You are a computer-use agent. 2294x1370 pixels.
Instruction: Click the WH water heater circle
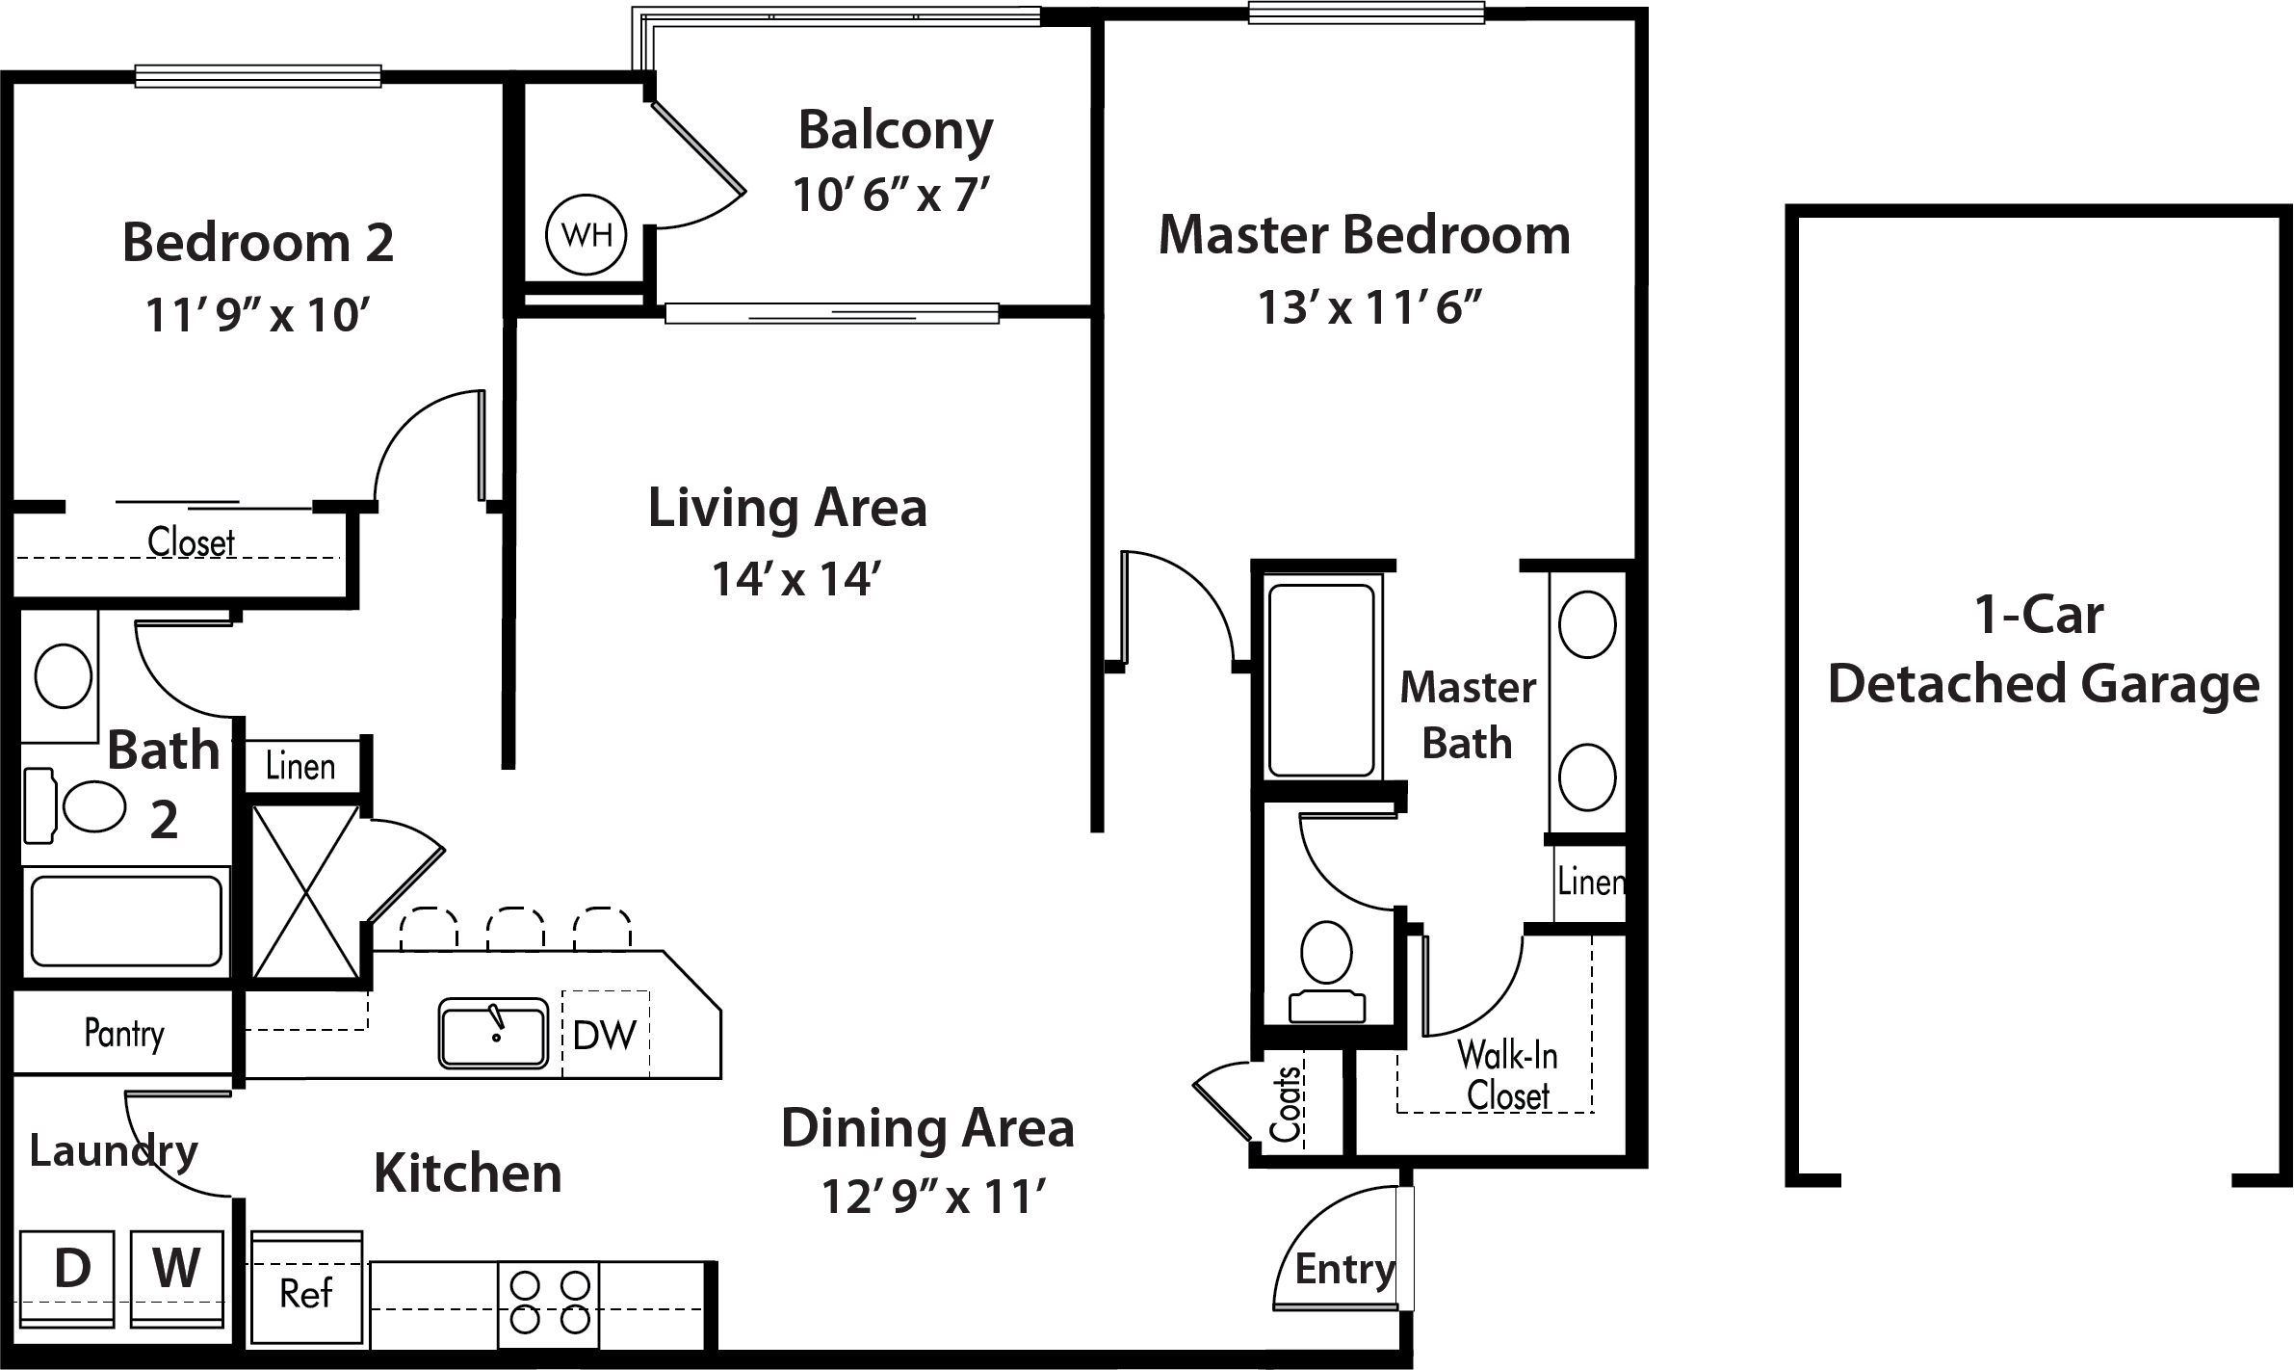[x=586, y=234]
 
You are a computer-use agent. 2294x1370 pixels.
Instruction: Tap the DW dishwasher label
[x=604, y=1035]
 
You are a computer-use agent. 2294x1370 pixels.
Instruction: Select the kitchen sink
[x=493, y=1033]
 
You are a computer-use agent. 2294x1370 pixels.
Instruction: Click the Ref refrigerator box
[x=306, y=1288]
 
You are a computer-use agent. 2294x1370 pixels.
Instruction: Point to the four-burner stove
[x=549, y=1304]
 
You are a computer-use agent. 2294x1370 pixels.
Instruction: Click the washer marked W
[x=177, y=1278]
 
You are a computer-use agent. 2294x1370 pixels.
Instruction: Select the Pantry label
[x=124, y=1034]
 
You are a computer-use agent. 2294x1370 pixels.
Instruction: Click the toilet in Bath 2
[x=75, y=802]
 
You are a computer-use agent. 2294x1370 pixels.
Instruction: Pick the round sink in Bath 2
[x=64, y=676]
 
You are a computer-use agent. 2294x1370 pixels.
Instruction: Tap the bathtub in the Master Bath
[x=1321, y=680]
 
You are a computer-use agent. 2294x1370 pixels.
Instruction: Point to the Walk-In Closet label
[x=1507, y=1075]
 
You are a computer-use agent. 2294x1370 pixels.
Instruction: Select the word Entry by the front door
[x=1344, y=1271]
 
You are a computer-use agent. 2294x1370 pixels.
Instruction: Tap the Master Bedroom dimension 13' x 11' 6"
[x=1369, y=308]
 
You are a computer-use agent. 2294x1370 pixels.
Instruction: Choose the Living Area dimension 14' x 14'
[x=796, y=580]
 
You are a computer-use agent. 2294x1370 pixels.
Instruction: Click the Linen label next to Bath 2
[x=300, y=767]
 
